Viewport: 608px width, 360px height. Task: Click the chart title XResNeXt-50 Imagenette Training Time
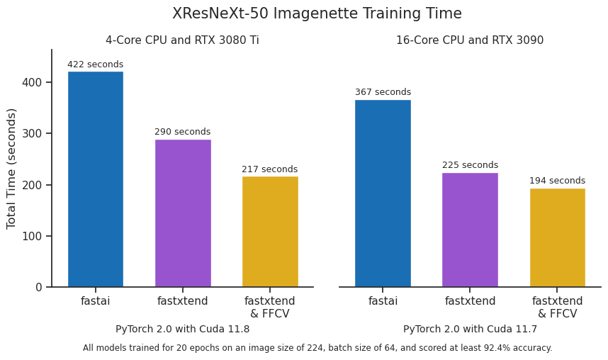317,13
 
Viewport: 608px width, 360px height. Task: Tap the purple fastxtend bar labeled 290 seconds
183,213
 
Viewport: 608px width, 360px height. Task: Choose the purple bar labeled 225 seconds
470,230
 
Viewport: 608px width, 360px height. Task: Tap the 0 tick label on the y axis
39,288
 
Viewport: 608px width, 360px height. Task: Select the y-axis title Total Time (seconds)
11,168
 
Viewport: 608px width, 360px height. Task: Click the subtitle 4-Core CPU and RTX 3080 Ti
182,40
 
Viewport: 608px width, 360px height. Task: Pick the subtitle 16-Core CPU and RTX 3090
470,40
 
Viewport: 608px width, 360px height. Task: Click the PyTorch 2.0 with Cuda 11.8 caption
182,329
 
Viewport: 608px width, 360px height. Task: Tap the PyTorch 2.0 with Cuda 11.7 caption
470,329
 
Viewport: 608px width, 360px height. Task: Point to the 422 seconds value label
95,64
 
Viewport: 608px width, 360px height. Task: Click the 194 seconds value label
557,181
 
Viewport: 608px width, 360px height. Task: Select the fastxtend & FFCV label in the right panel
557,307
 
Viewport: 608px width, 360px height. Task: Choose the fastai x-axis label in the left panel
95,301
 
